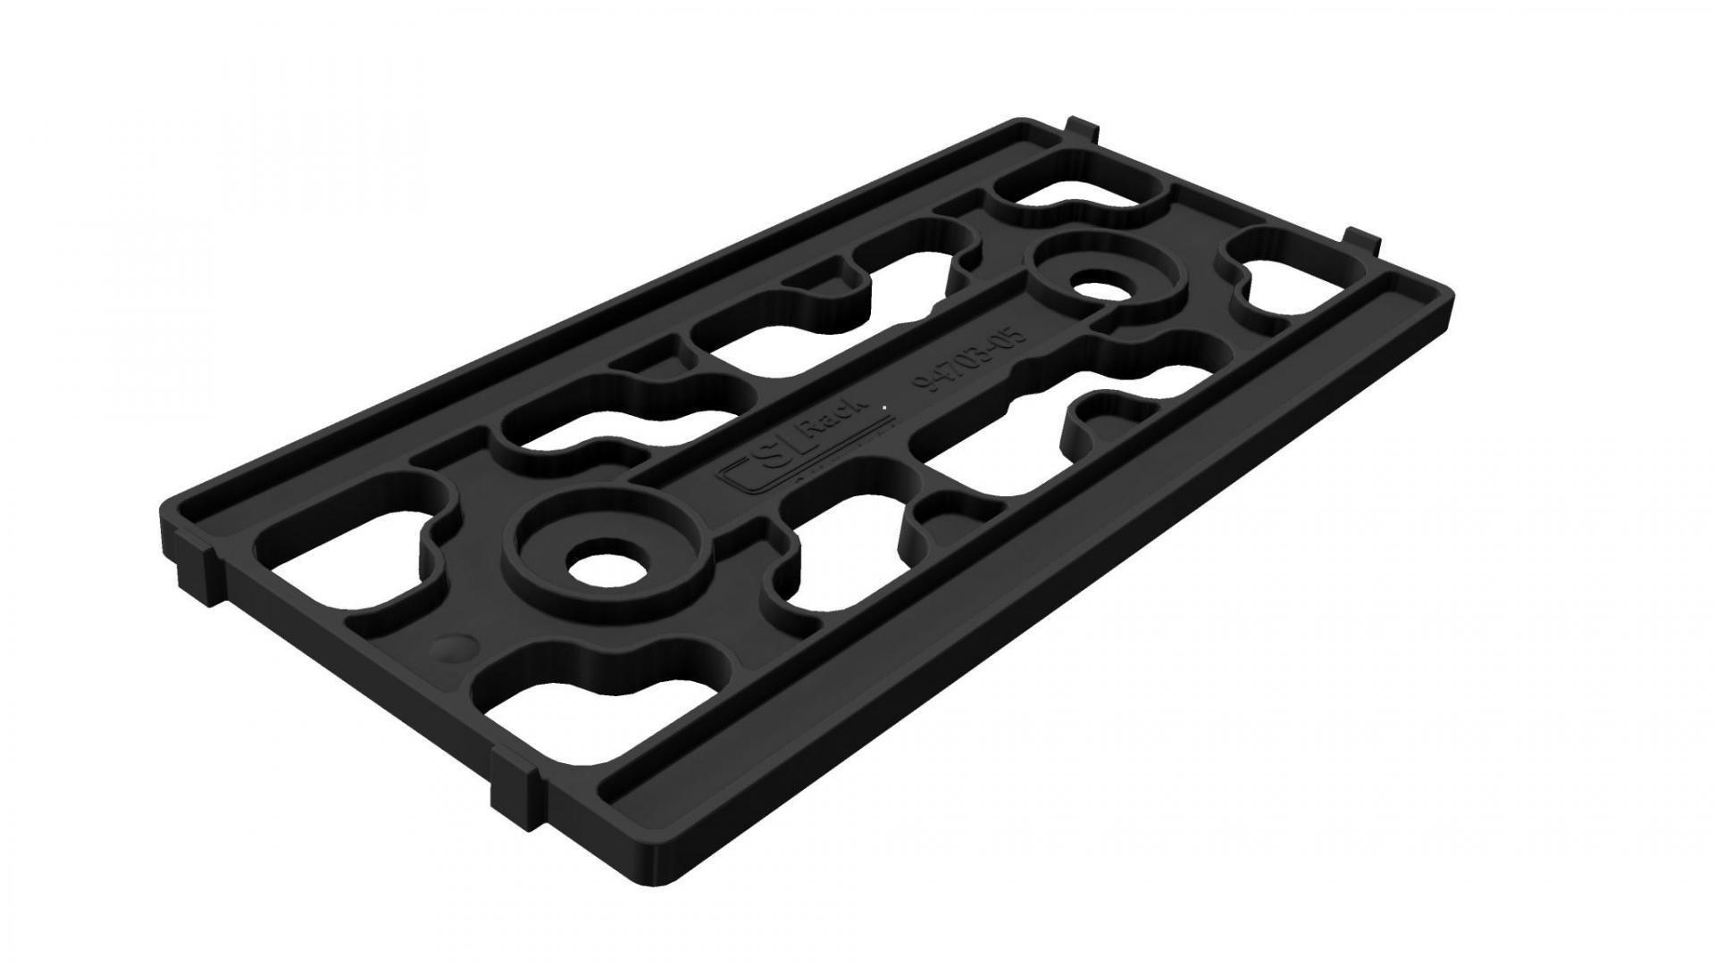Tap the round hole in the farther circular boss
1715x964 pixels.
point(1101,290)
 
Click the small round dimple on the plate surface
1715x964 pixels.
point(455,648)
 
